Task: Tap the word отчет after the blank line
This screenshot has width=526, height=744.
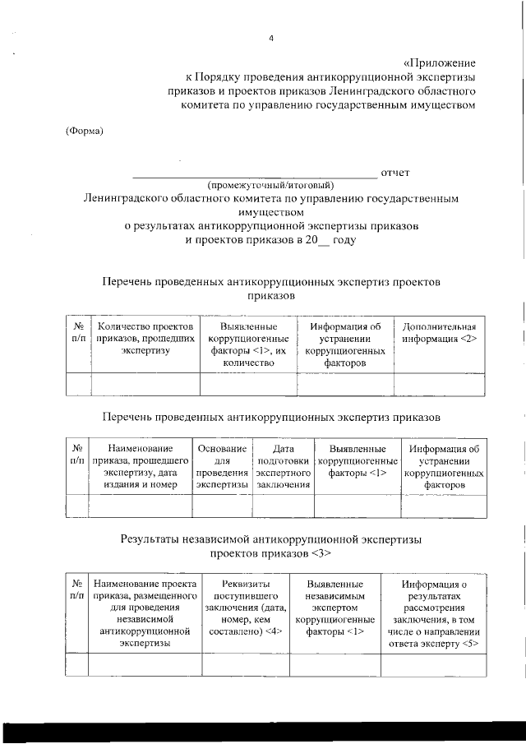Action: [395, 172]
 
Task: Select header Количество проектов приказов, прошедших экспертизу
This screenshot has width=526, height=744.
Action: [145, 340]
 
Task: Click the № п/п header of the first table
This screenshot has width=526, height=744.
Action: [79, 333]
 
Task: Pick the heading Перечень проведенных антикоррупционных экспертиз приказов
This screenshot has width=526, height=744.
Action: [270, 418]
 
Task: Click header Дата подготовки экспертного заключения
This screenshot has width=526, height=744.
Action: [283, 467]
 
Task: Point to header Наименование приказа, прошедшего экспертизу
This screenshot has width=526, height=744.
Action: [138, 467]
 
